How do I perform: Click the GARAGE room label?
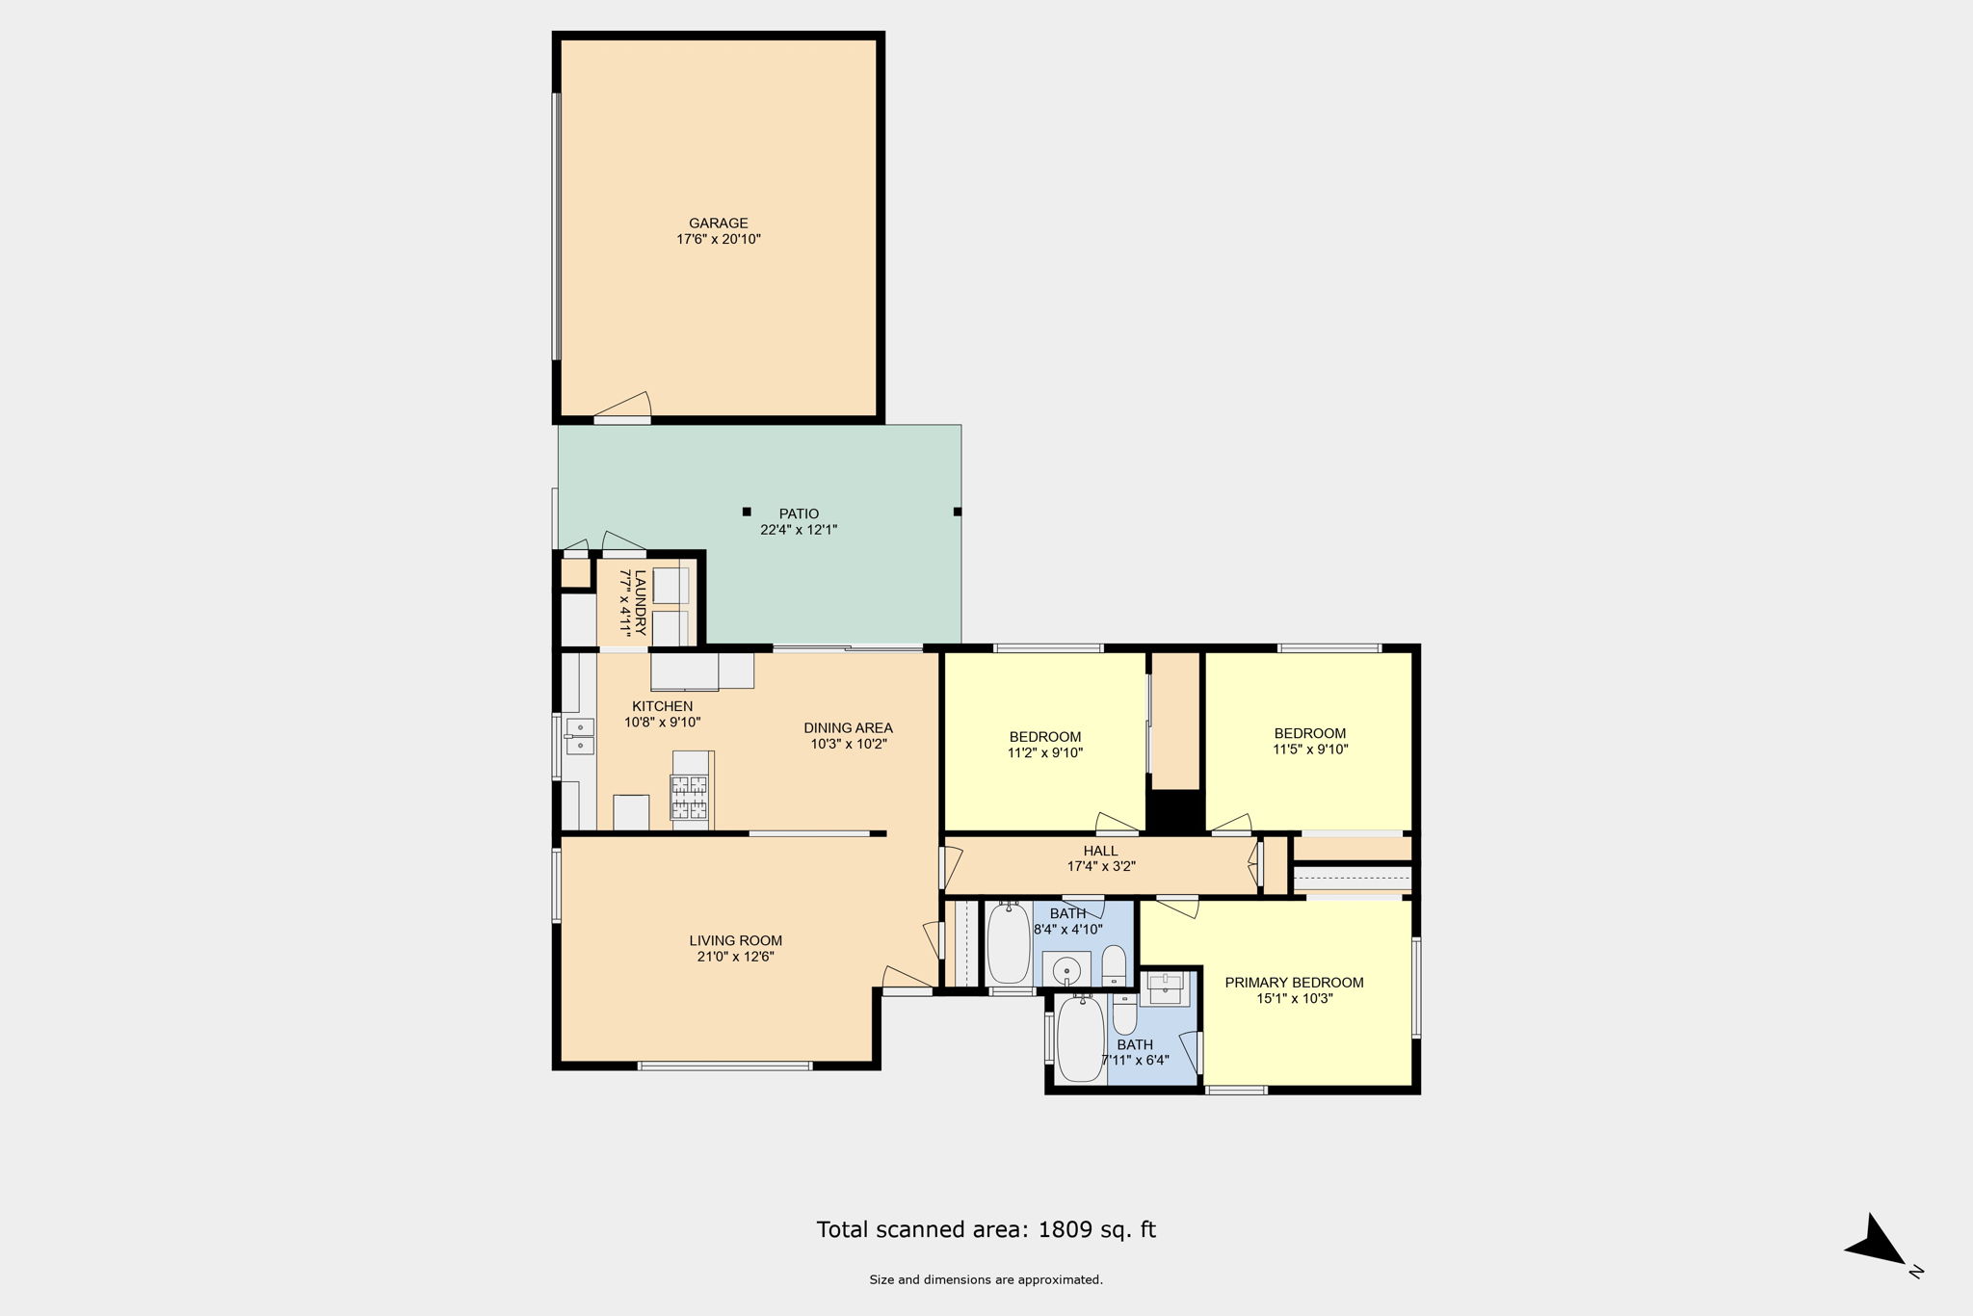(x=719, y=224)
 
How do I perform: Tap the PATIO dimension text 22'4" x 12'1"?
(x=799, y=530)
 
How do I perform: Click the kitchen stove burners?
(x=690, y=797)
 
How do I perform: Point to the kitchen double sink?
(x=580, y=736)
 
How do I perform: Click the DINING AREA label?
(x=848, y=728)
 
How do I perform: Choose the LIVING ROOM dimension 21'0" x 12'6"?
(x=736, y=957)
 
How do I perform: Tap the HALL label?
(x=1100, y=851)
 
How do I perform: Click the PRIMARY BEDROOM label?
(x=1294, y=983)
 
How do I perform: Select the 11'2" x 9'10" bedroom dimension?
(x=1045, y=753)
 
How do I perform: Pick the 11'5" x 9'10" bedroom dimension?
(x=1310, y=749)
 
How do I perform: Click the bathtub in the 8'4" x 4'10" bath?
(x=1009, y=943)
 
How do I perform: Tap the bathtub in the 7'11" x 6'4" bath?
(x=1081, y=1040)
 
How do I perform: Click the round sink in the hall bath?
(x=1066, y=969)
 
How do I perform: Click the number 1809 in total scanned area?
(x=1065, y=1229)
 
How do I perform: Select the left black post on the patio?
(x=747, y=512)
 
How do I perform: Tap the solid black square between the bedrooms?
(x=1175, y=811)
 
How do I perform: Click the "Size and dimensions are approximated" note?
(x=986, y=1280)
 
